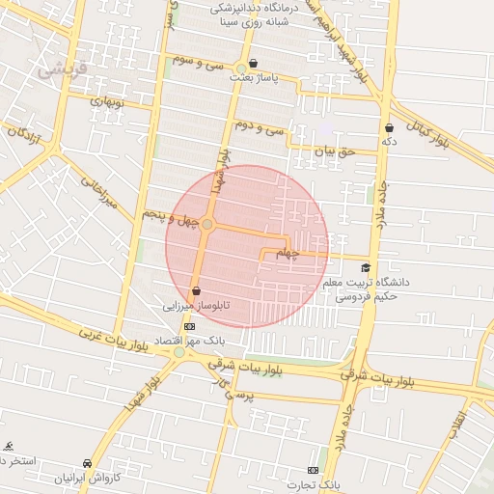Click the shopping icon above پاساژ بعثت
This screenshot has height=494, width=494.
click(253, 64)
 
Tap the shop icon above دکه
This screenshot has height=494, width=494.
click(389, 127)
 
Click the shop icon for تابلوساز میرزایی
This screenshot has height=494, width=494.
click(197, 289)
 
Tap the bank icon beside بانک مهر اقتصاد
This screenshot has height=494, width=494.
click(189, 326)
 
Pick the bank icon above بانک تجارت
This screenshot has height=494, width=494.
click(310, 469)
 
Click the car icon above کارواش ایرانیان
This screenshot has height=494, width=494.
click(88, 463)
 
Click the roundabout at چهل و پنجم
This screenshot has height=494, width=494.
click(206, 224)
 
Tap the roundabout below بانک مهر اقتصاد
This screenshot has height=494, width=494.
click(179, 352)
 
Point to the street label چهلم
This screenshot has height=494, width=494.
click(288, 253)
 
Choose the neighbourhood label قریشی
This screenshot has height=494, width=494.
click(62, 69)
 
